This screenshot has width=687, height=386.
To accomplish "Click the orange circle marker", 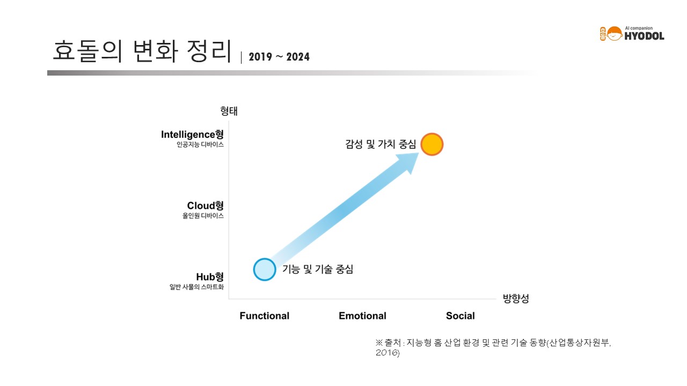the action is point(432,144).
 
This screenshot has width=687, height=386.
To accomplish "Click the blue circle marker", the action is point(265,270).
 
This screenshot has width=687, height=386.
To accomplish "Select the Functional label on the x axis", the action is point(265,316).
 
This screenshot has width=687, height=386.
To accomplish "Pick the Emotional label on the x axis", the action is point(362,316).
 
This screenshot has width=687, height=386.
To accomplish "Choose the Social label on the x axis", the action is point(460,316).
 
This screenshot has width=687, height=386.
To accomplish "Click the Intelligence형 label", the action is point(192,135).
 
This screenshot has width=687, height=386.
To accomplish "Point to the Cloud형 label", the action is point(205,205).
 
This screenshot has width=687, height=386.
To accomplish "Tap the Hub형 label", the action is point(210,277).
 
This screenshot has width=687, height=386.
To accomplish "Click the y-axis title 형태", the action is point(229,111).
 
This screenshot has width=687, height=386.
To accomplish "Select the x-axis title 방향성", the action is point(516,299).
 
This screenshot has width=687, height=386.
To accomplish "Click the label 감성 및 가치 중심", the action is point(381,144).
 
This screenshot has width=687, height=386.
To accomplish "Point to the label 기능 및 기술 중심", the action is point(318,269).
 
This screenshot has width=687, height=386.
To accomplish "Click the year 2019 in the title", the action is point(260,57).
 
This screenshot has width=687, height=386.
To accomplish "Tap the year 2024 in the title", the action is point(298,57).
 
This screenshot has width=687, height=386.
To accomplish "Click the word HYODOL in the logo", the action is point(645,36).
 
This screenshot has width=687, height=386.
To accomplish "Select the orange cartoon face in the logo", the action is point(615,34).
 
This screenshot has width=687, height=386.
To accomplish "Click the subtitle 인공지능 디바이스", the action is point(200,145).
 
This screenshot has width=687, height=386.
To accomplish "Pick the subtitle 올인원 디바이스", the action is point(203,216).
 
